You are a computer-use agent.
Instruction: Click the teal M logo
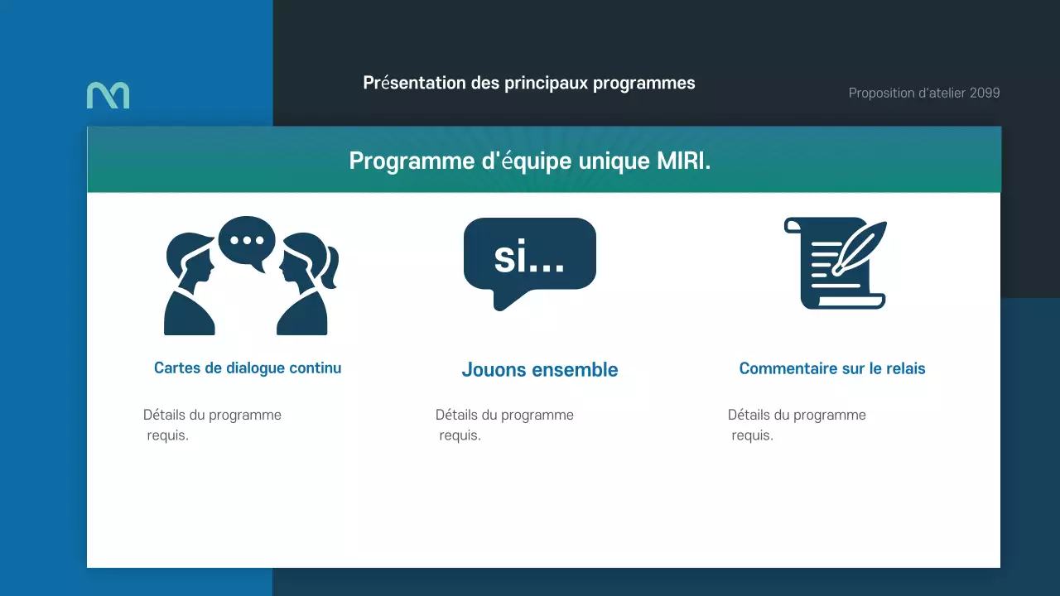coord(108,95)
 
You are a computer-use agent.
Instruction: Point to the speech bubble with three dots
coord(247,242)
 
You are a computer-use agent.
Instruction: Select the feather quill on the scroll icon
coord(861,244)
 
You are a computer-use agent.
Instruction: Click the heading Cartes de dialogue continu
coord(248,368)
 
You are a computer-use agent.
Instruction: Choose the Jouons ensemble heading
coord(540,370)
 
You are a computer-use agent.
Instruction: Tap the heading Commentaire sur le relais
coord(832,369)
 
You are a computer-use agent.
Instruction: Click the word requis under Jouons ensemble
coord(460,435)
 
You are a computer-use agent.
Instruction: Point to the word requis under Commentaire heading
coord(752,435)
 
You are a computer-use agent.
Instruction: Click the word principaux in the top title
coord(547,84)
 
